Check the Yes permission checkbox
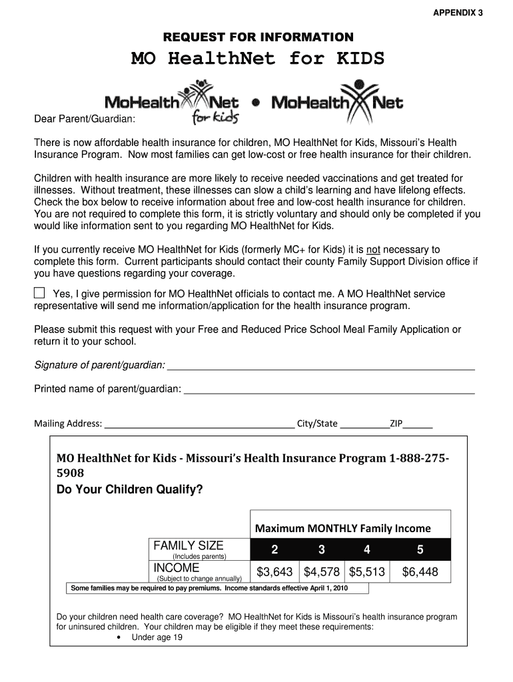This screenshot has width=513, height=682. click(40, 293)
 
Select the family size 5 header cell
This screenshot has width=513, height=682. click(420, 550)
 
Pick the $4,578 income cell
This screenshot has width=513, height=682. click(322, 571)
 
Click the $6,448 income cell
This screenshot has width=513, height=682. click(420, 571)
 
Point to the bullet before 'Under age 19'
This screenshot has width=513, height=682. click(118, 637)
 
